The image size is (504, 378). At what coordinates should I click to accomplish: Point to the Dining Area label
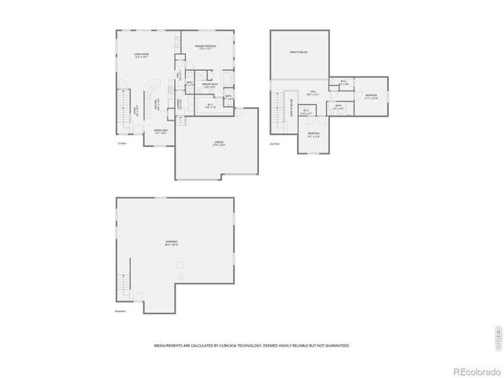click(x=160, y=132)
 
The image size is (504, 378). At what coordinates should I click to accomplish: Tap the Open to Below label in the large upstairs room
click(x=298, y=52)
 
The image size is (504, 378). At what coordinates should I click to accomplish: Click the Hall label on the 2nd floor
click(x=313, y=93)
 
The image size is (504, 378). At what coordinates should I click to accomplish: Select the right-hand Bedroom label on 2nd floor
click(x=371, y=96)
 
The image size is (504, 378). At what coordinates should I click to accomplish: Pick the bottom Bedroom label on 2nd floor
click(x=313, y=135)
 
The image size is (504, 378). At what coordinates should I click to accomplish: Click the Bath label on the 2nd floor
click(x=338, y=106)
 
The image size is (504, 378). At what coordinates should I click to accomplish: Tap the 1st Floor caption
click(x=121, y=143)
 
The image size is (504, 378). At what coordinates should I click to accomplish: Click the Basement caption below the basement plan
click(x=120, y=311)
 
